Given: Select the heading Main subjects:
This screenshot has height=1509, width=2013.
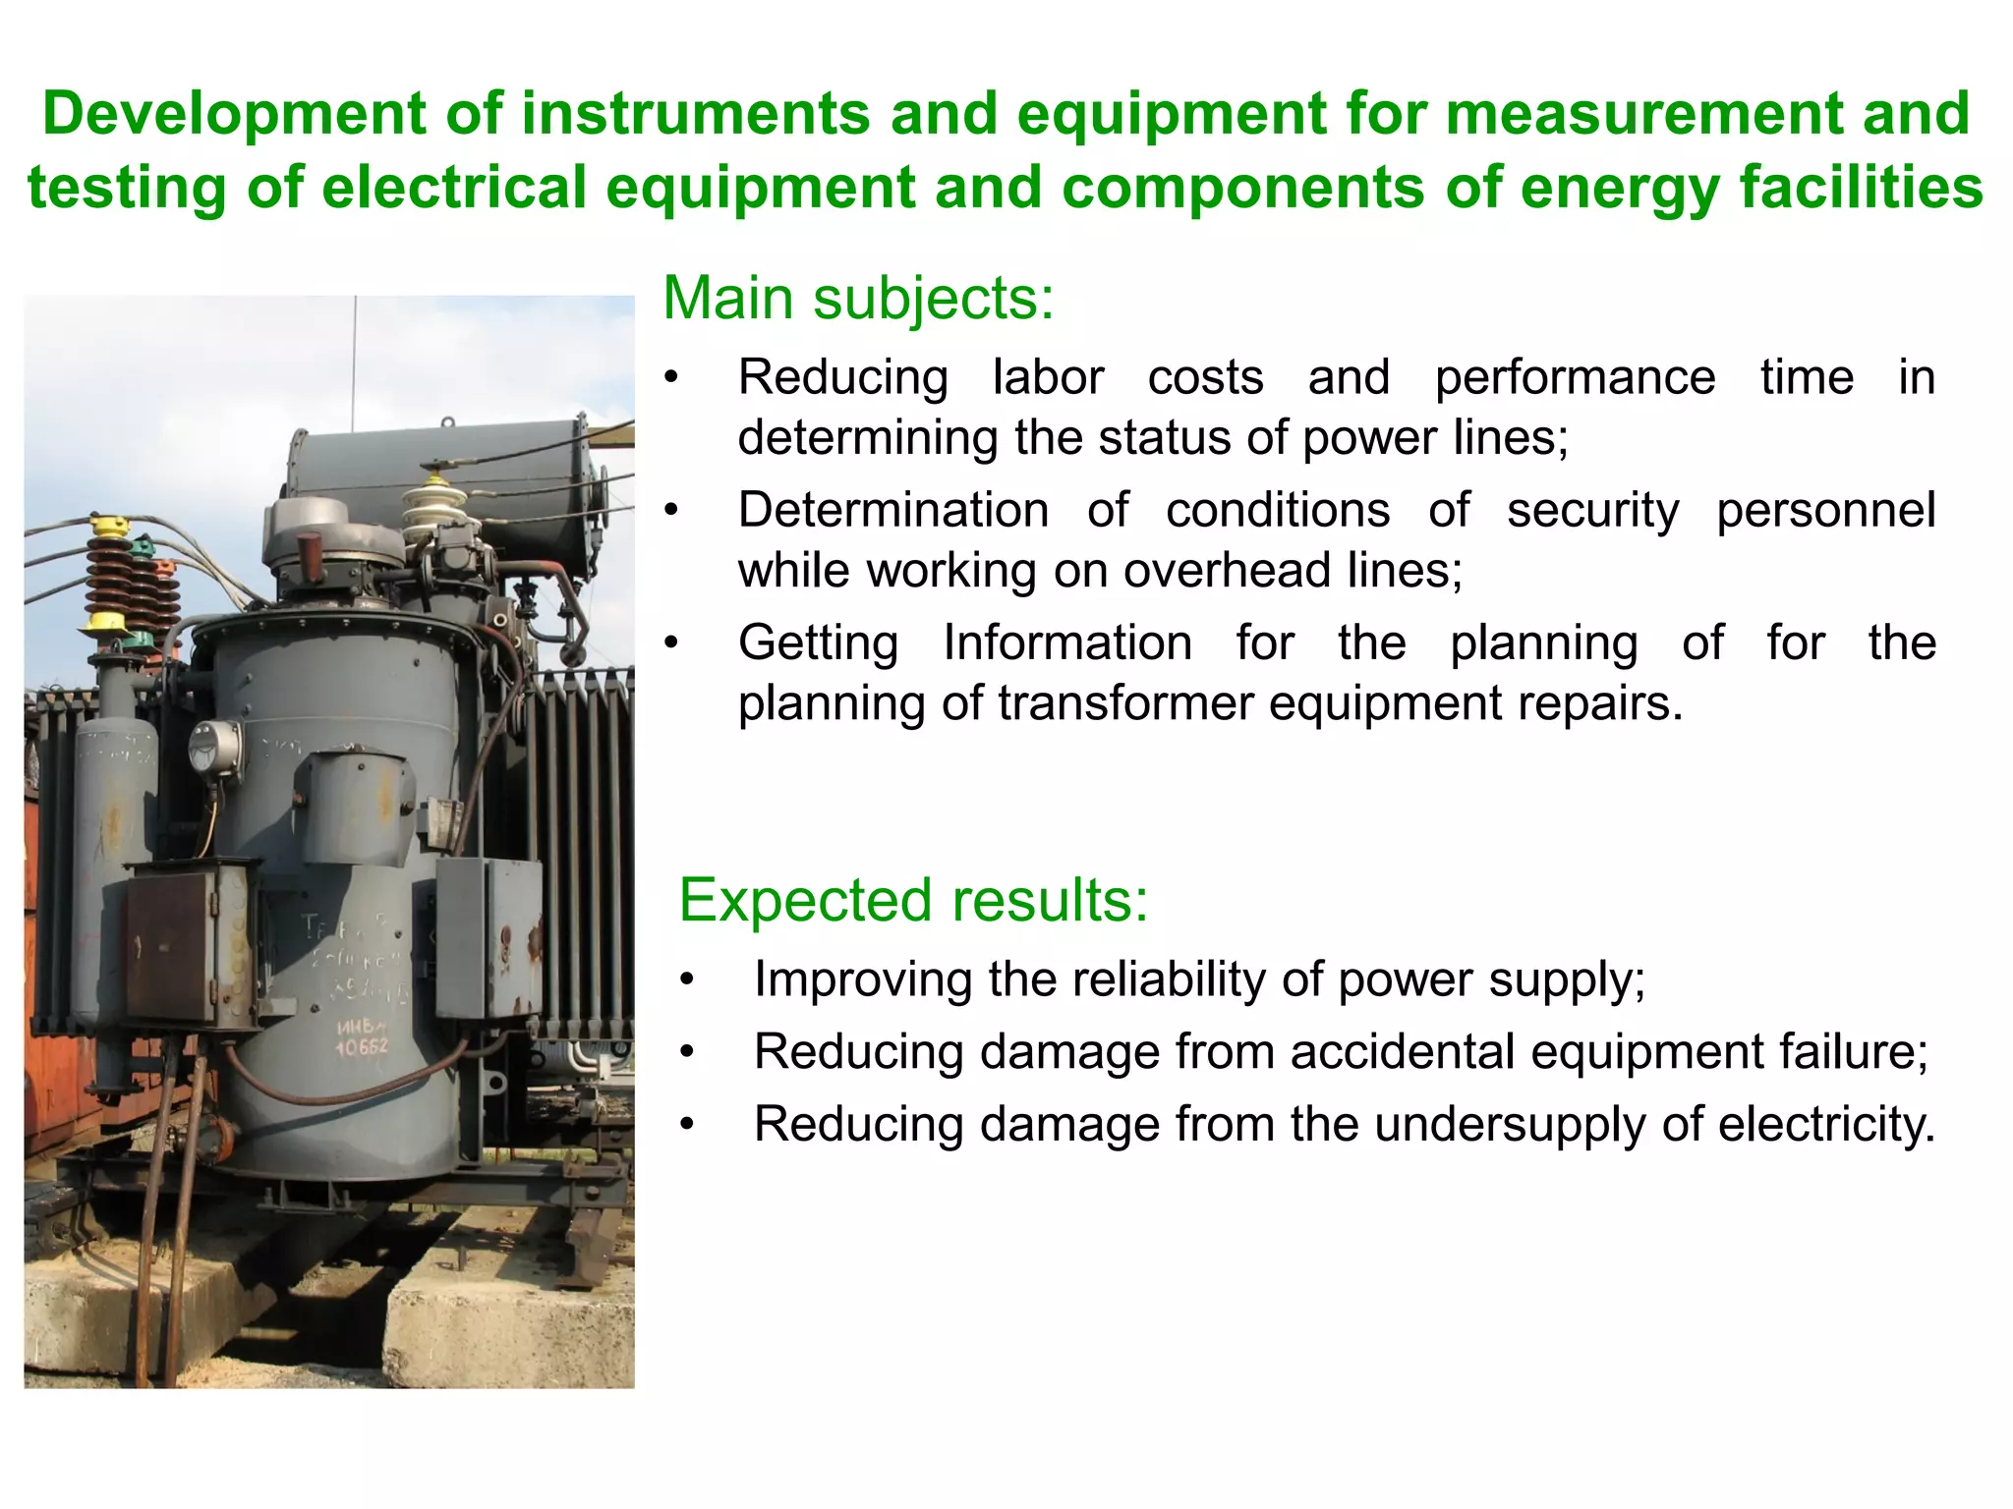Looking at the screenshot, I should click(x=858, y=298).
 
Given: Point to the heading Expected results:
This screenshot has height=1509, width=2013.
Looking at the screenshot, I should click(x=913, y=900).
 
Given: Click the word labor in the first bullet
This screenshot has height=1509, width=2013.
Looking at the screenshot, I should click(x=1048, y=378).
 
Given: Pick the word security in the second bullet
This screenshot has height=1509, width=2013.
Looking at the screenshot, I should click(x=1593, y=511).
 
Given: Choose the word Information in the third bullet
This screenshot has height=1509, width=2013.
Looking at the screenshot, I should click(x=1067, y=643).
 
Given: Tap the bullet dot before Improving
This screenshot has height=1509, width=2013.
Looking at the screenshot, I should click(x=687, y=980).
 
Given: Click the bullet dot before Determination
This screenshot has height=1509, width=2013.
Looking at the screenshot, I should click(x=671, y=511).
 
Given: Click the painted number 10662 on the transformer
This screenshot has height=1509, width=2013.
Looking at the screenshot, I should click(x=362, y=1047).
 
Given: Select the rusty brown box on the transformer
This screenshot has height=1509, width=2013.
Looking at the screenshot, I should click(x=171, y=945).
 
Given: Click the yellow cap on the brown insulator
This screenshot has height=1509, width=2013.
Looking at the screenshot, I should click(x=109, y=527).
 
